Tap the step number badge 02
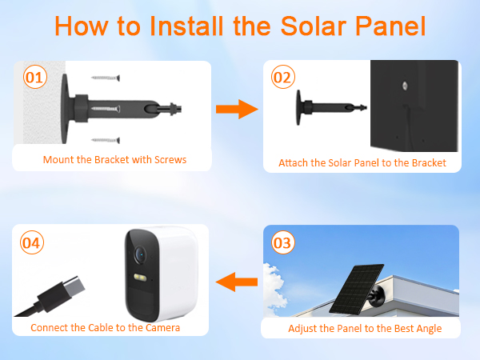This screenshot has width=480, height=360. click(282, 78)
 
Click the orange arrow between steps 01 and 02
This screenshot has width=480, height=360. click(238, 109)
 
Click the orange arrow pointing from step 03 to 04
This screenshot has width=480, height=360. click(238, 281)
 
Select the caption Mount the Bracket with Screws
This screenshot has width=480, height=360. click(114, 160)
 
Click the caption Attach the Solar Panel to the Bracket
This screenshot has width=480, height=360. click(362, 162)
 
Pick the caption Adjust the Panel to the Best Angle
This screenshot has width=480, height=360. click(364, 328)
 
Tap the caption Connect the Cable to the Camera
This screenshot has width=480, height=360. click(105, 328)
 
